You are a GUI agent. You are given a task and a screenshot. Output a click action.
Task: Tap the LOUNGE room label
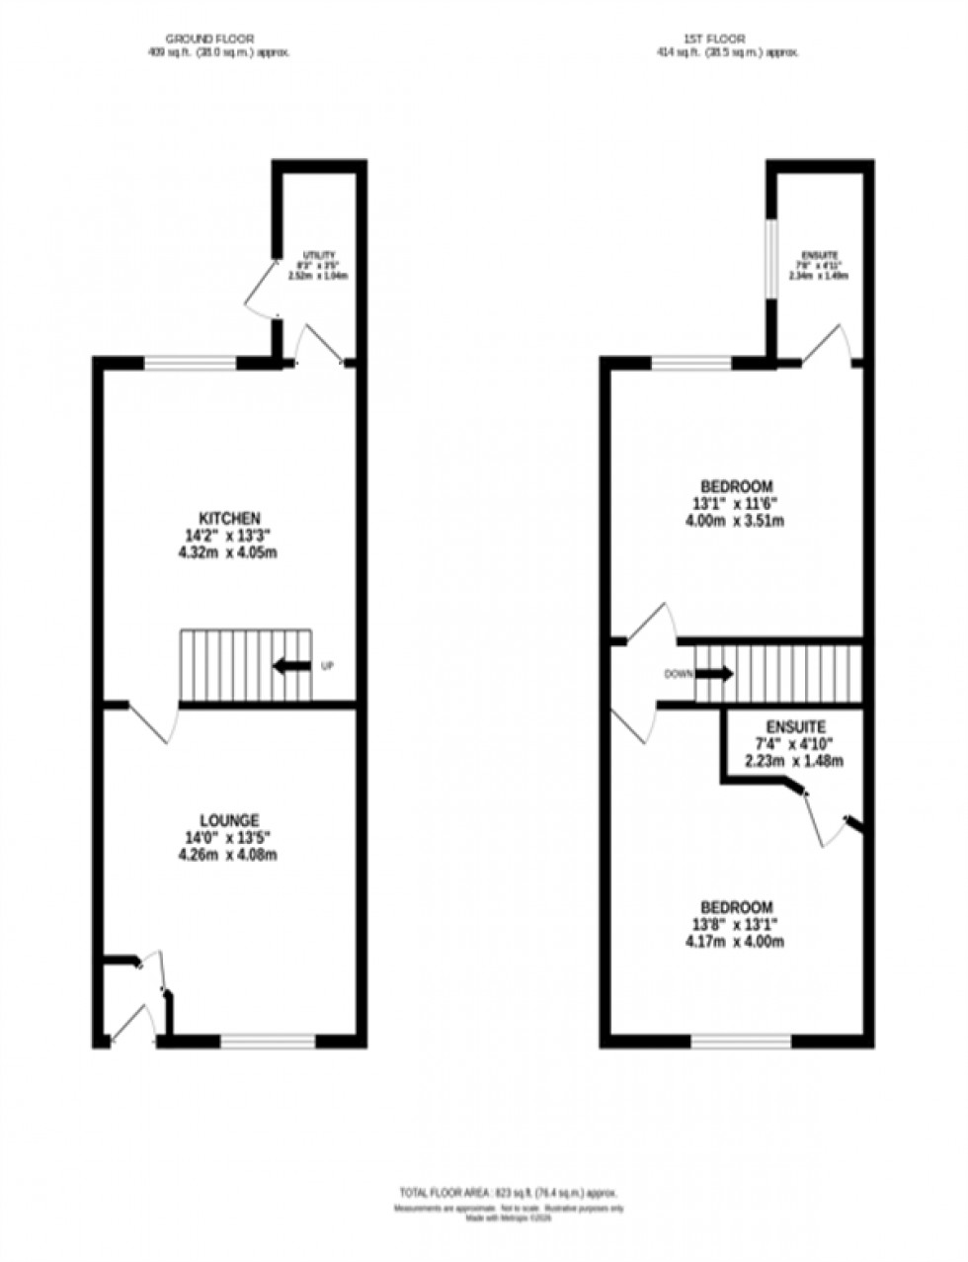click(x=229, y=819)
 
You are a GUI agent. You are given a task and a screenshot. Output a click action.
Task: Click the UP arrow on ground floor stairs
click(x=291, y=666)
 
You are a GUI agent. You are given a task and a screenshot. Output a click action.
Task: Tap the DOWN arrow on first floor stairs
click(x=713, y=674)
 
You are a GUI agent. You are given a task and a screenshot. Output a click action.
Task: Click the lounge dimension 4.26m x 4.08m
click(x=229, y=855)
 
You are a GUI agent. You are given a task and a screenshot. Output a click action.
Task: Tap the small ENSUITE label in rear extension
click(x=817, y=255)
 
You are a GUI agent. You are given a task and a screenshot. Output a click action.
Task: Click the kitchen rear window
click(x=191, y=363)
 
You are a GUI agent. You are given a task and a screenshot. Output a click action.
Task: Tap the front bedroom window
click(x=741, y=1040)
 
